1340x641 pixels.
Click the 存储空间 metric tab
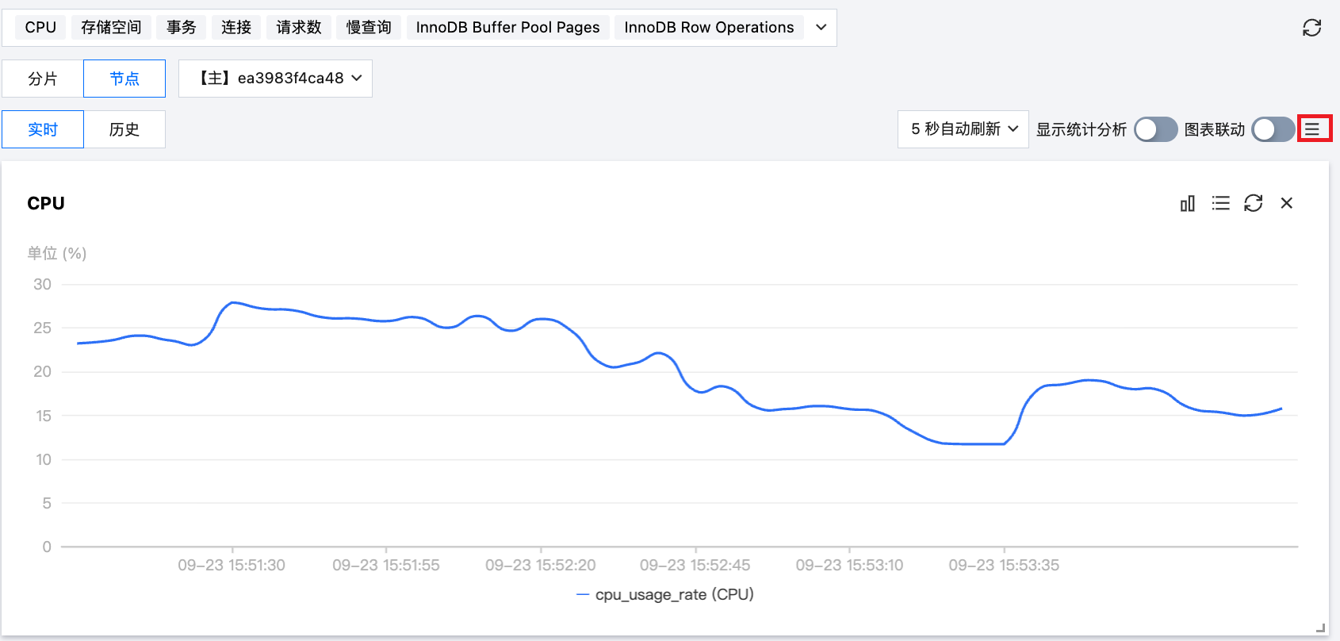111,28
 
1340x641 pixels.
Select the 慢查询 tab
369,28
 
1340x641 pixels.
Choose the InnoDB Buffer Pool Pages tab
507,28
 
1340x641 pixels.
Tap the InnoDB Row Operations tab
709,28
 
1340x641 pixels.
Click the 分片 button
43,79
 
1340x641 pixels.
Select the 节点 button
124,79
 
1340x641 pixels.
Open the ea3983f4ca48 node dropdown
275,79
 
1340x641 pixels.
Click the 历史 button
124,129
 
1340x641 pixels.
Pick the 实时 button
43,129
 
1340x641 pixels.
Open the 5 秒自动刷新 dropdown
963,129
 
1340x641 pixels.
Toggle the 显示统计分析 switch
1155,129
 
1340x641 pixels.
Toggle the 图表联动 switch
1273,129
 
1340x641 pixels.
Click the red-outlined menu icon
1314,129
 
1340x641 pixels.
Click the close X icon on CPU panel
1286,204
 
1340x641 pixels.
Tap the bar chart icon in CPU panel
1187,204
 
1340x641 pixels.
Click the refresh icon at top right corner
1311,28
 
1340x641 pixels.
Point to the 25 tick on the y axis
42,328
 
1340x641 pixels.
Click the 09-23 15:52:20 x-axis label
540,565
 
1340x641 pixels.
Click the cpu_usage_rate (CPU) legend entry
666,594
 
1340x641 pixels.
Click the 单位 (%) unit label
56,253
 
